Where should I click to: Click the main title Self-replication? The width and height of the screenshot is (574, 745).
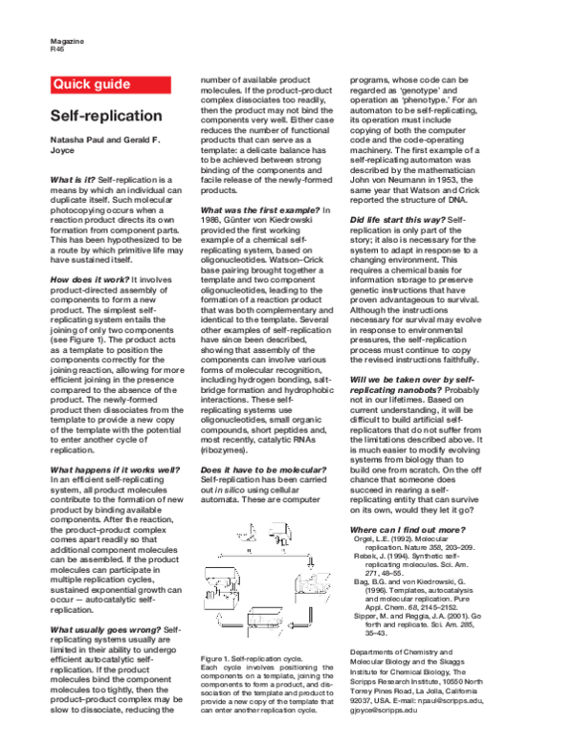(106, 116)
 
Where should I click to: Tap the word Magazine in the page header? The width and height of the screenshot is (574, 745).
(66, 42)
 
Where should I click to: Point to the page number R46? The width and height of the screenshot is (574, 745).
(57, 50)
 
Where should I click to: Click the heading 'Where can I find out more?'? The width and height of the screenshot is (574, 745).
(408, 529)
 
